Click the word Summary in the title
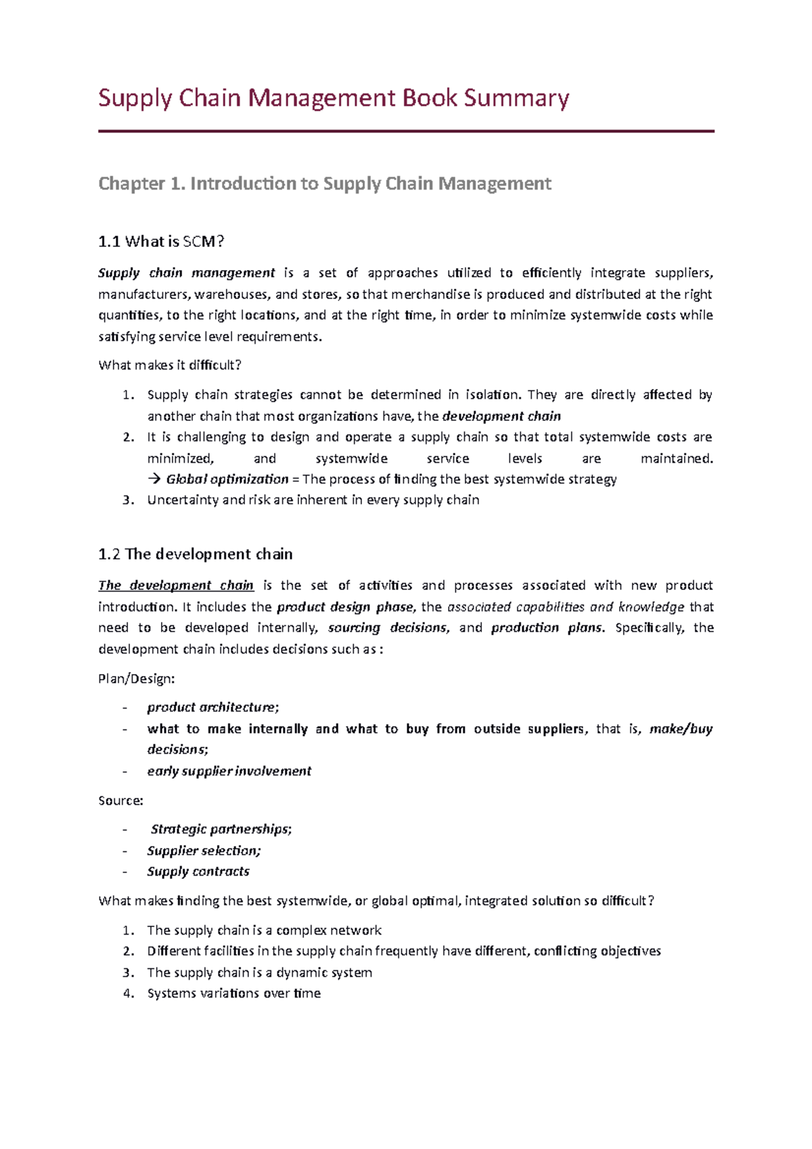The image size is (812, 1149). pyautogui.click(x=516, y=98)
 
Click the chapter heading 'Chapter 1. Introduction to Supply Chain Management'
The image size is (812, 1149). pyautogui.click(x=325, y=183)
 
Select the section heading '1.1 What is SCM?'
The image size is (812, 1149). pyautogui.click(x=160, y=242)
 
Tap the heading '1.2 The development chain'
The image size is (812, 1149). pyautogui.click(x=195, y=554)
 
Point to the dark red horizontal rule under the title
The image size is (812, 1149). pyautogui.click(x=406, y=131)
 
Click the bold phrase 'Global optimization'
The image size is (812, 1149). pyautogui.click(x=227, y=479)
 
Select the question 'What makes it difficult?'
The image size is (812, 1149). pyautogui.click(x=169, y=365)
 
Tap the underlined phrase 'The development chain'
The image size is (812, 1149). pyautogui.click(x=175, y=585)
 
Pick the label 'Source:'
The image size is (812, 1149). pyautogui.click(x=120, y=801)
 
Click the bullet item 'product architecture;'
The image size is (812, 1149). pyautogui.click(x=212, y=707)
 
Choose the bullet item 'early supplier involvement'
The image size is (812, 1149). pyautogui.click(x=229, y=771)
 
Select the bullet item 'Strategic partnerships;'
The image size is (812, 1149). pyautogui.click(x=221, y=829)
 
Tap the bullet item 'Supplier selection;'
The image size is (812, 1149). pyautogui.click(x=204, y=851)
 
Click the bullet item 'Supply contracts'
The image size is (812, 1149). pyautogui.click(x=198, y=872)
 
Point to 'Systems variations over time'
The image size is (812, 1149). pyautogui.click(x=233, y=993)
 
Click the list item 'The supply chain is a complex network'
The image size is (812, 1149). pyautogui.click(x=264, y=930)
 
